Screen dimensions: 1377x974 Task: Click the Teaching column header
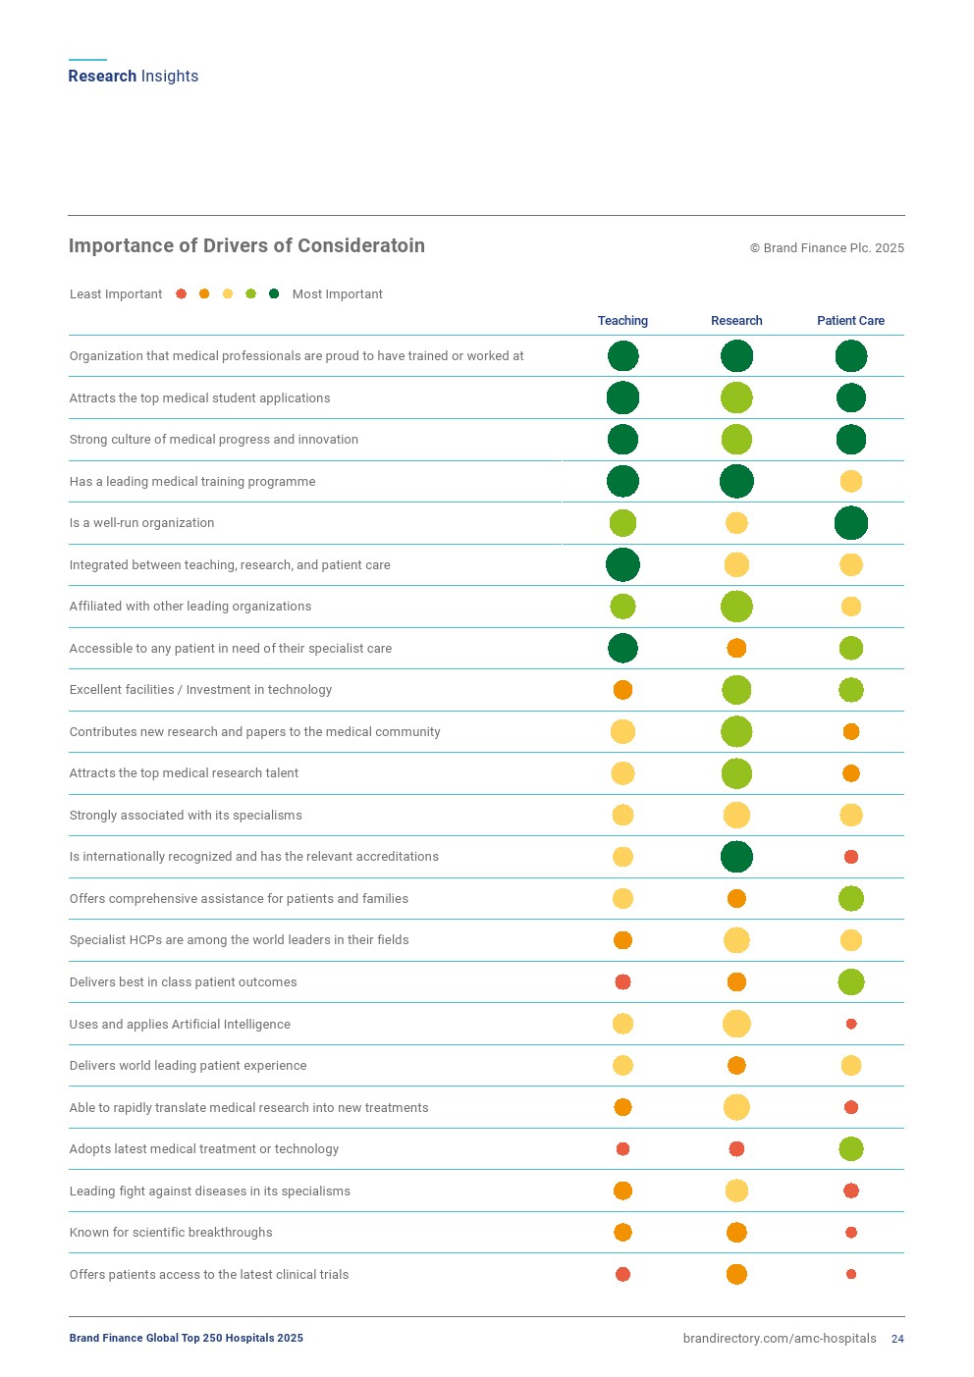point(622,321)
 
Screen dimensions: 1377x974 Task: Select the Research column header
point(736,321)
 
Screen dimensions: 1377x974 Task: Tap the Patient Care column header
point(850,321)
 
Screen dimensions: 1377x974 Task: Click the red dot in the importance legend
point(181,294)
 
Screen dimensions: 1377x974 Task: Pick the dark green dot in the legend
point(274,294)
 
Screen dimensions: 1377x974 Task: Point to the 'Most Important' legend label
point(337,294)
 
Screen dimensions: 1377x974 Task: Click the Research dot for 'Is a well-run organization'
point(736,523)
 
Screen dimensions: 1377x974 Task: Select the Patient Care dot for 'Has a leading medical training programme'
point(851,481)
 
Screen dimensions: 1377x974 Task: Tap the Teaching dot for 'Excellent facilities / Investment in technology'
point(622,690)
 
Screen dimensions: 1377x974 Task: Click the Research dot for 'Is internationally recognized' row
point(736,857)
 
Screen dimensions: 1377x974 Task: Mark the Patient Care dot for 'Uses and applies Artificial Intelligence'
point(851,1024)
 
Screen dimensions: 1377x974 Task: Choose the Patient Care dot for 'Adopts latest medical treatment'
point(851,1148)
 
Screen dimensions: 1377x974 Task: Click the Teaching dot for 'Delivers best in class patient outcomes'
point(622,981)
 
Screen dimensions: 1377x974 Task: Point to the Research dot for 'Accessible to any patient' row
point(736,648)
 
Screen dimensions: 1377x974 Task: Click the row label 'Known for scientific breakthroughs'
point(171,1233)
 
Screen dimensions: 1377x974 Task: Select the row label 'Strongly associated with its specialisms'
point(186,816)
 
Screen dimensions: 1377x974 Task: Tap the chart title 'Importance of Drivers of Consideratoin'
point(246,246)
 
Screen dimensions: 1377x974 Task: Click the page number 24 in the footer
point(897,1339)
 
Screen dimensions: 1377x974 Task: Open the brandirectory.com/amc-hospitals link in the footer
point(780,1339)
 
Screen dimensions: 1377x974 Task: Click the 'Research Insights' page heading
point(134,77)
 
